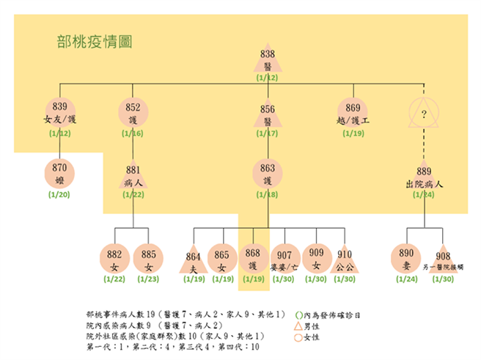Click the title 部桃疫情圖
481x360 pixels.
[94, 41]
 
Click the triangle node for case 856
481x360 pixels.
[267, 114]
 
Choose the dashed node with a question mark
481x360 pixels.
[424, 113]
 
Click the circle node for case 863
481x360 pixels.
[267, 174]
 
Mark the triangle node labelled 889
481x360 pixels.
[424, 175]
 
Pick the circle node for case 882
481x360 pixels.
[114, 258]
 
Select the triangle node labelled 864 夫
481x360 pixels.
[193, 261]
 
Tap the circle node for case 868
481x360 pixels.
[253, 258]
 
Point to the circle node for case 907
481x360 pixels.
[284, 258]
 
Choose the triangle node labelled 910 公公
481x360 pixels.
[345, 260]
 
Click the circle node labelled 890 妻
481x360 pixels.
[406, 258]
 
